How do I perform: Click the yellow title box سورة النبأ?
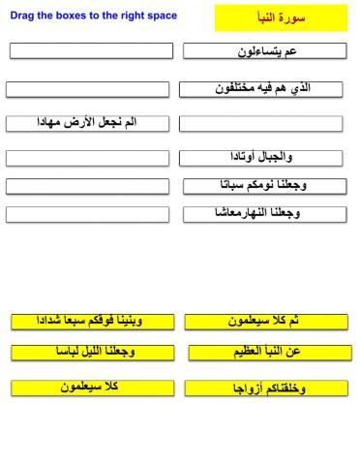(280, 17)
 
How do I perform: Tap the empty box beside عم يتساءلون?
(92, 50)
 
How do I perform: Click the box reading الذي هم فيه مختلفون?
(264, 89)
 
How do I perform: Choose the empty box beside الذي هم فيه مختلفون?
(89, 89)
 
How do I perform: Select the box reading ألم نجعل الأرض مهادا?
(90, 123)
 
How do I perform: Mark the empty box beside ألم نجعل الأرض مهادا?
(262, 124)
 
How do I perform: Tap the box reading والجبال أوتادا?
(264, 156)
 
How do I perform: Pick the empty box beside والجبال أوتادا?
(90, 157)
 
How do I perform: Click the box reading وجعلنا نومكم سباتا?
(264, 185)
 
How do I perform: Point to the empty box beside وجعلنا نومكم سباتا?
(90, 185)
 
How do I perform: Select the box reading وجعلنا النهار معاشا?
(264, 214)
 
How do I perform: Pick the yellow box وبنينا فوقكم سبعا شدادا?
(93, 321)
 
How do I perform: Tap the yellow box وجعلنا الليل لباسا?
(92, 352)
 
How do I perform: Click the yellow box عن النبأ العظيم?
(266, 353)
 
